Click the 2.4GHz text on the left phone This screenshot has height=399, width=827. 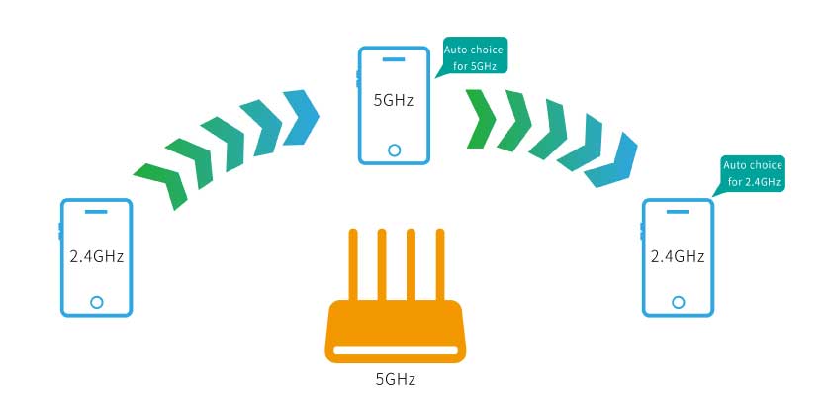pyautogui.click(x=96, y=256)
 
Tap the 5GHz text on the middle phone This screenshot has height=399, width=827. pyautogui.click(x=393, y=101)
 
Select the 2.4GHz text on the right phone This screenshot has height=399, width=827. pyautogui.click(x=677, y=256)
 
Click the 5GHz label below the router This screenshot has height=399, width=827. pyautogui.click(x=393, y=377)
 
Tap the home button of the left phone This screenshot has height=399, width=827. pyautogui.click(x=96, y=301)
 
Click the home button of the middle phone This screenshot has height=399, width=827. pyautogui.click(x=394, y=150)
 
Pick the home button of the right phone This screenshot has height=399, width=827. pyautogui.click(x=678, y=301)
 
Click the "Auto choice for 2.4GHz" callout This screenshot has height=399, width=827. pyautogui.click(x=754, y=173)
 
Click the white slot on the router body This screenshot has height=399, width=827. pyautogui.click(x=394, y=349)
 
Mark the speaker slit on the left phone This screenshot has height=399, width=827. pyautogui.click(x=96, y=212)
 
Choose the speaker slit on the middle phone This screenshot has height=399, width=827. pyautogui.click(x=394, y=58)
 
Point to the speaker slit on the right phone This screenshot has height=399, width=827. pyautogui.click(x=678, y=212)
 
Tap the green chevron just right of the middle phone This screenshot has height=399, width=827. pyautogui.click(x=480, y=118)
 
